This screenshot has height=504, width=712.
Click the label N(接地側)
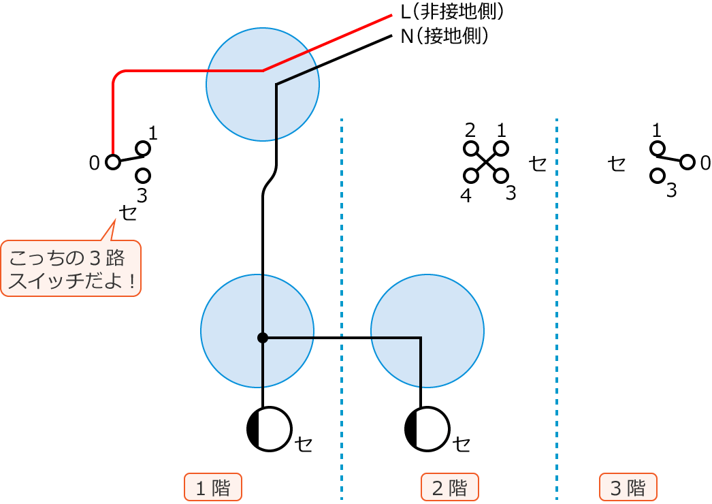click(x=444, y=35)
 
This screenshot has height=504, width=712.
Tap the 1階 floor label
click(x=213, y=488)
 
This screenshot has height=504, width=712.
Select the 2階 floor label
click(x=450, y=488)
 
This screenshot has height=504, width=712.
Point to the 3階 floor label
click(x=628, y=488)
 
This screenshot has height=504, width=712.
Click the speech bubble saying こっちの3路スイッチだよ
click(x=71, y=268)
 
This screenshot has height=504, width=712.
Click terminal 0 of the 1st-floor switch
click(x=112, y=162)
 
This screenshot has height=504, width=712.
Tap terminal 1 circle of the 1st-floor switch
click(x=143, y=148)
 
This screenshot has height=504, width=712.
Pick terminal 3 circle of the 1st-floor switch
click(x=143, y=176)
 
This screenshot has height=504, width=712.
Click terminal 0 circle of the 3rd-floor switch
click(x=687, y=162)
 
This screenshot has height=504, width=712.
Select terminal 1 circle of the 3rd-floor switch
click(x=658, y=148)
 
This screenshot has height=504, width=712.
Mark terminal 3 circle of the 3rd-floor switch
click(x=658, y=176)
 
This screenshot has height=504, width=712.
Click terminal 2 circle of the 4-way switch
click(x=470, y=148)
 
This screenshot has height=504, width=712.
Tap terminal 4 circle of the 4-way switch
click(x=470, y=176)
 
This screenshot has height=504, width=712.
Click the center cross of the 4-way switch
click(x=485, y=162)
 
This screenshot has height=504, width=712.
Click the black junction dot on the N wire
click(x=263, y=338)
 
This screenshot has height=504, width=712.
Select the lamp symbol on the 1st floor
click(x=270, y=429)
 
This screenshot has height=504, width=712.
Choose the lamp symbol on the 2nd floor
click(x=427, y=429)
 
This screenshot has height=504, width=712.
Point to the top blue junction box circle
click(x=263, y=84)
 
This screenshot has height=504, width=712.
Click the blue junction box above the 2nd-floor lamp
click(x=427, y=331)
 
